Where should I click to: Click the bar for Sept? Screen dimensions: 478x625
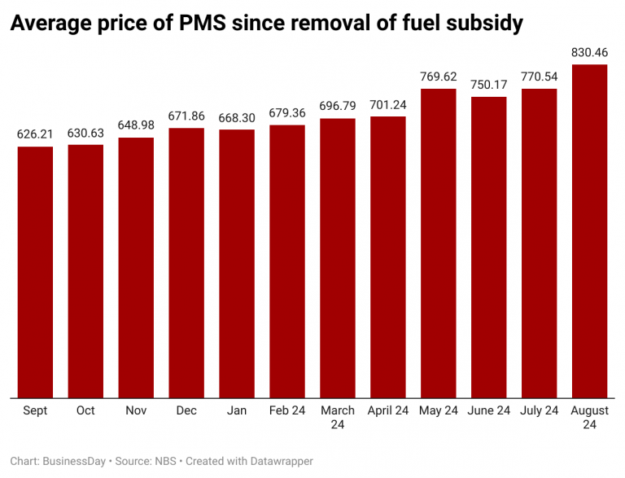tap(35, 273)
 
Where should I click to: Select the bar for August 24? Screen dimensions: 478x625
tap(590, 231)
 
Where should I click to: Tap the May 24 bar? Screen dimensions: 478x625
tap(439, 243)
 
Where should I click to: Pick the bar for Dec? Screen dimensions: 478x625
tap(186, 263)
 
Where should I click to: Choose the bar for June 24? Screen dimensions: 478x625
tap(489, 248)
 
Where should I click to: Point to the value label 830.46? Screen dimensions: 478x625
tap(590, 52)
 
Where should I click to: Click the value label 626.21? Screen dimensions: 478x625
tap(35, 134)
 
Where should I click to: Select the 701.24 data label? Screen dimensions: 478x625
tap(388, 104)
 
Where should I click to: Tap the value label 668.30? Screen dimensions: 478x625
tap(237, 117)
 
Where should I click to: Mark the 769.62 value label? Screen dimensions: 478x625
tap(439, 77)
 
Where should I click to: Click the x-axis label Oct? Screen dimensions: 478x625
tap(85, 411)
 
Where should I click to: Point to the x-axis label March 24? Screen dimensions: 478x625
tap(338, 418)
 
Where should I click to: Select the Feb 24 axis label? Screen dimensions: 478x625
tap(287, 411)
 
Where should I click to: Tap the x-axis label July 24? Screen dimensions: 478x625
tap(540, 411)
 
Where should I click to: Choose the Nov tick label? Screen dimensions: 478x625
tap(136, 411)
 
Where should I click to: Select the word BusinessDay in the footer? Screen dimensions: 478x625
tap(74, 462)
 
